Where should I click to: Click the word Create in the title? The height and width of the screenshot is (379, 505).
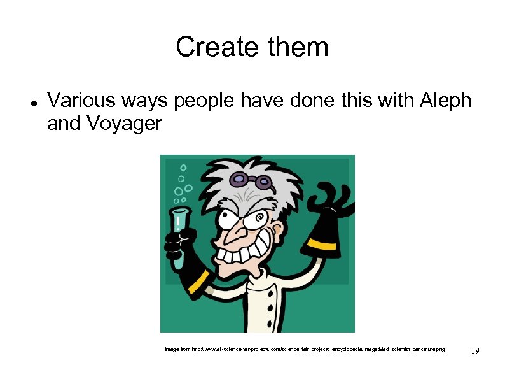[x=207, y=47]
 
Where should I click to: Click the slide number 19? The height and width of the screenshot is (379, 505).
[x=474, y=350]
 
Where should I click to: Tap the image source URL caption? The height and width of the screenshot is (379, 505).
[x=305, y=350]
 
